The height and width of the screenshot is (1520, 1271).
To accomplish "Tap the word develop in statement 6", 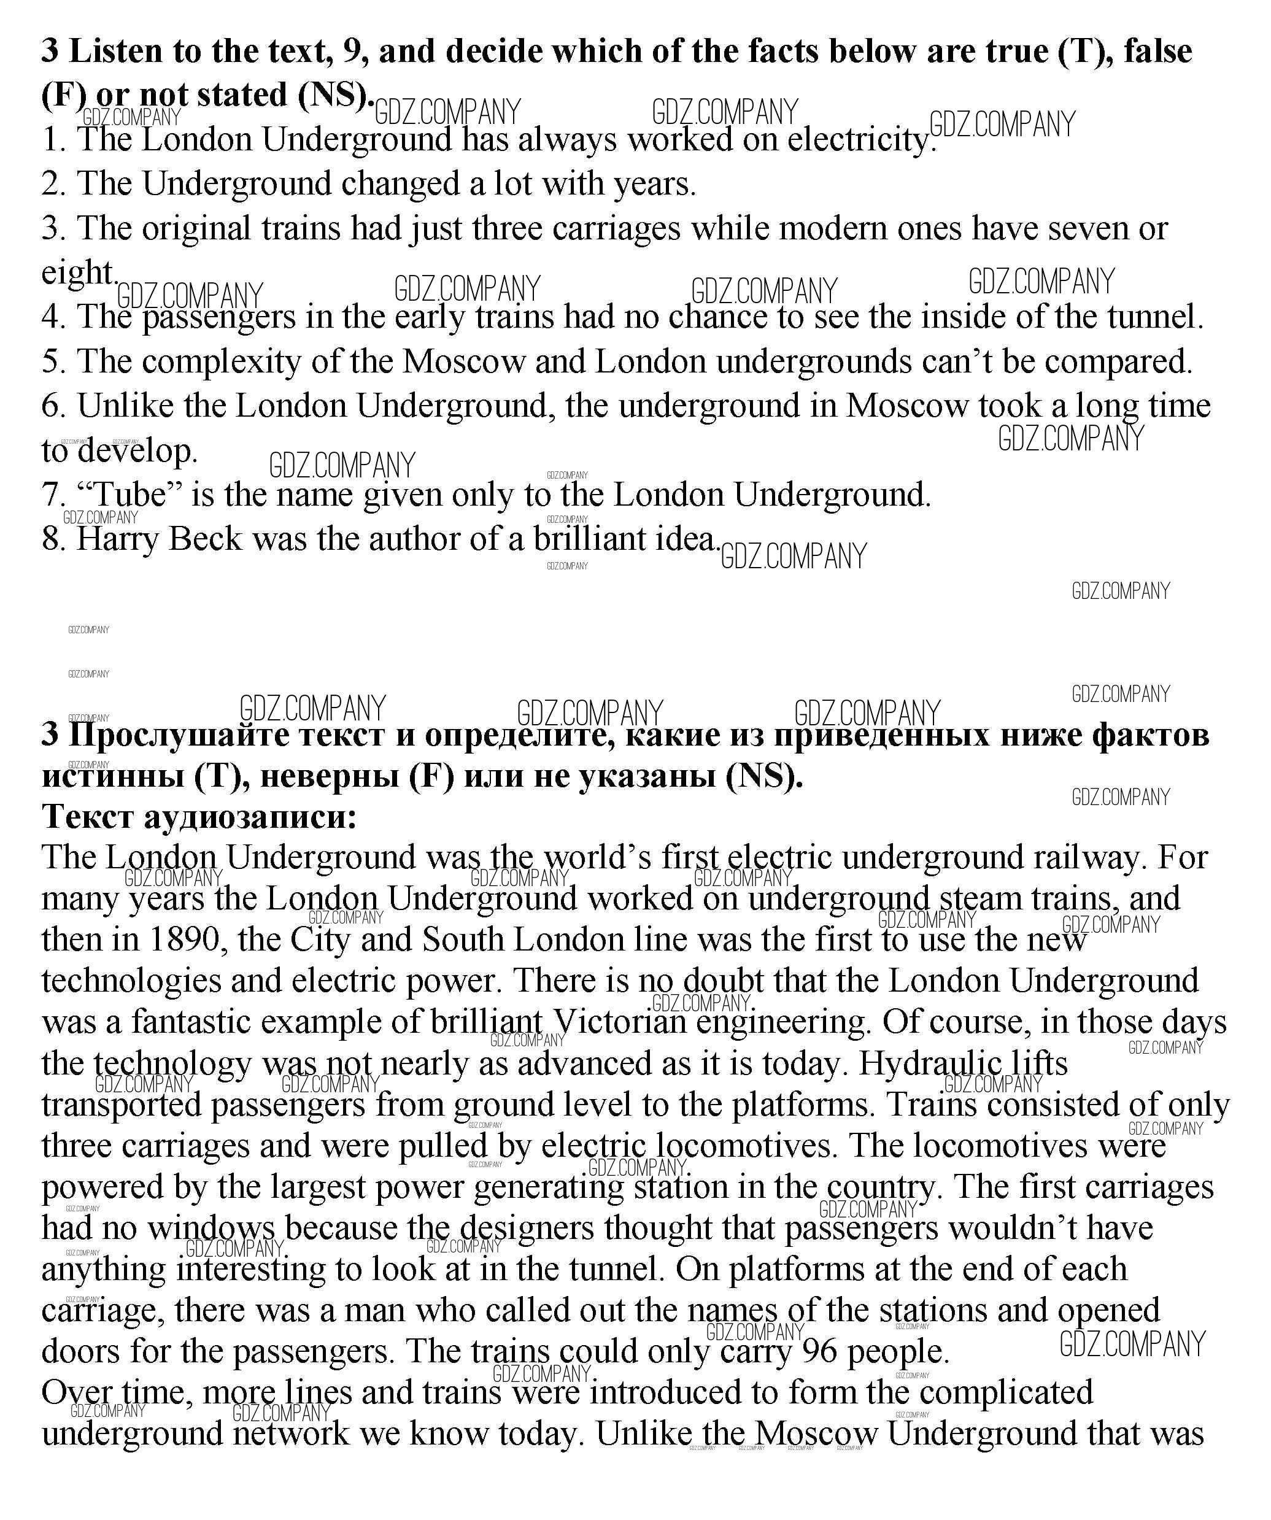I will [137, 451].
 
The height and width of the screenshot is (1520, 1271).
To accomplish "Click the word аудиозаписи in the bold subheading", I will [250, 817].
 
